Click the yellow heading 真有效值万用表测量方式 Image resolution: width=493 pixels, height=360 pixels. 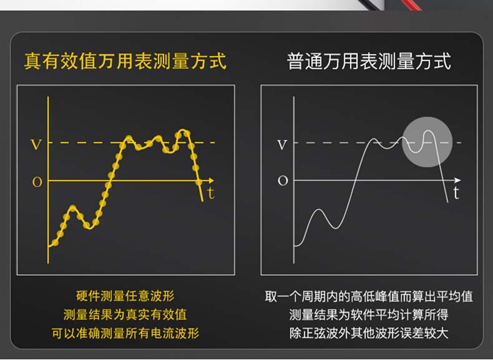point(125,61)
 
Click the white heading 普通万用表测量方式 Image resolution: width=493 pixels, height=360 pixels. point(369,61)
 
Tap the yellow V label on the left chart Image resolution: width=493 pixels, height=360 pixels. point(36,144)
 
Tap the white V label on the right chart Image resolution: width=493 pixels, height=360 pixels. point(282,145)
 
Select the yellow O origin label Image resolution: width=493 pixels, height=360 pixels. point(37,182)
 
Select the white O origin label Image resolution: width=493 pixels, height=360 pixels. point(283,181)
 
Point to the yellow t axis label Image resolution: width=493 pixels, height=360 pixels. point(211,192)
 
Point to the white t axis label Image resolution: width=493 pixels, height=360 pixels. point(456,192)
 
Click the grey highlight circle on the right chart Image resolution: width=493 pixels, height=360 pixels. point(427,142)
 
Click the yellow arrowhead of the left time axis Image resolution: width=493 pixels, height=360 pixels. point(212,180)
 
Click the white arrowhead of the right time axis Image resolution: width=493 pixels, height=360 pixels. point(458,180)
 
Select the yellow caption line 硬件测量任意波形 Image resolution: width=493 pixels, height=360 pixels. point(125,296)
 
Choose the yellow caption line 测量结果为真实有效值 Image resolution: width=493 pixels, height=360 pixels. point(125,314)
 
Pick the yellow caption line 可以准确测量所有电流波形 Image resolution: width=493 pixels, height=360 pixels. point(125,333)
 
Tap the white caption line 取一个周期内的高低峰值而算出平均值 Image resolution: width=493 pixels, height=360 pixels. point(369,296)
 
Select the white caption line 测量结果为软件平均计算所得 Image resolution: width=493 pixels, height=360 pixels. point(369,314)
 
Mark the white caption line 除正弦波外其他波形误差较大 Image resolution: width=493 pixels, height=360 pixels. point(369,333)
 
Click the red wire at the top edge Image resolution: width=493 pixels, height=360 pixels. point(411,5)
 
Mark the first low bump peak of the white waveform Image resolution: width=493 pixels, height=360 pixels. point(319,210)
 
